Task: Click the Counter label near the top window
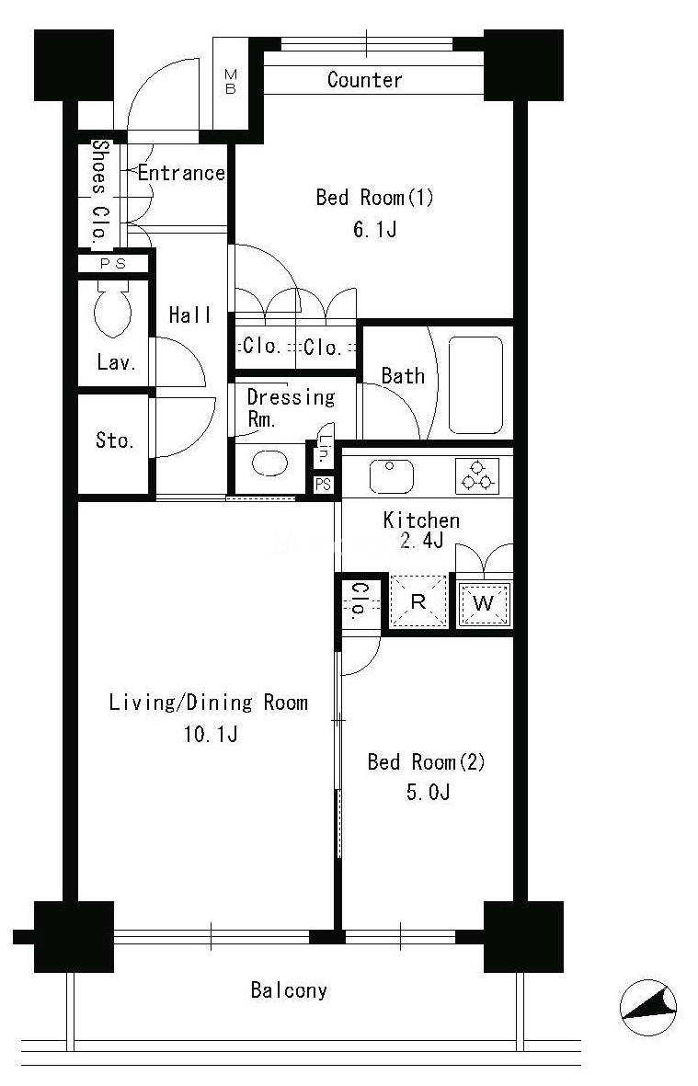pyautogui.click(x=364, y=80)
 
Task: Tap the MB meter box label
pyautogui.click(x=231, y=82)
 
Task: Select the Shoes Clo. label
pyautogui.click(x=101, y=189)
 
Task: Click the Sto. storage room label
pyautogui.click(x=114, y=440)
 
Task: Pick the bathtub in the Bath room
pyautogui.click(x=475, y=385)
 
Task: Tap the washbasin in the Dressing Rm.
pyautogui.click(x=269, y=463)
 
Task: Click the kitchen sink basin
pyautogui.click(x=391, y=476)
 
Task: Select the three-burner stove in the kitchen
pyautogui.click(x=477, y=475)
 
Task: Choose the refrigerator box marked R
pyautogui.click(x=418, y=601)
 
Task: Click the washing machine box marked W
pyautogui.click(x=484, y=602)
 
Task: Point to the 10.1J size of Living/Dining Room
pyautogui.click(x=211, y=734)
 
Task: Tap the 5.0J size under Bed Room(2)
pyautogui.click(x=428, y=792)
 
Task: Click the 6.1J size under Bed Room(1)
pyautogui.click(x=374, y=229)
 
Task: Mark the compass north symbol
pyautogui.click(x=648, y=1008)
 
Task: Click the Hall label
pyautogui.click(x=189, y=315)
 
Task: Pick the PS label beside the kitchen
pyautogui.click(x=323, y=485)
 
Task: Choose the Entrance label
pyautogui.click(x=181, y=173)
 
